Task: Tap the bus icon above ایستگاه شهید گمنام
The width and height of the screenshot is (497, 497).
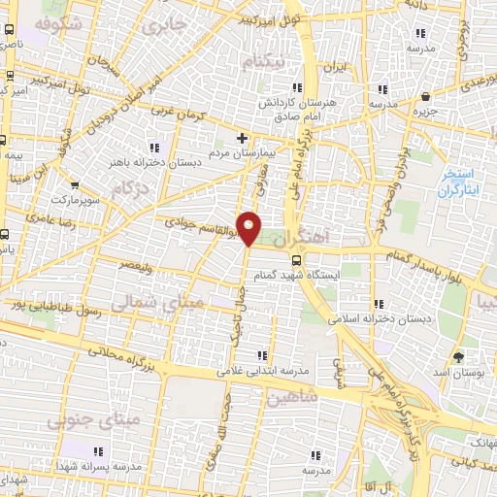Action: [296, 259]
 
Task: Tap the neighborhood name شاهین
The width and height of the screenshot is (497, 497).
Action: [291, 398]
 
